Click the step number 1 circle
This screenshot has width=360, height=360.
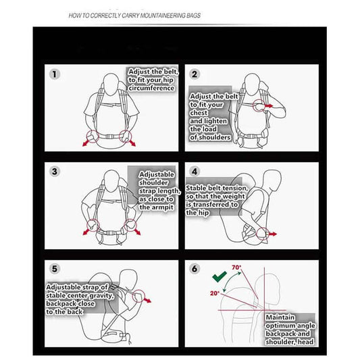[55, 74]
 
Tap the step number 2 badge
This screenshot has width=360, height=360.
[195, 74]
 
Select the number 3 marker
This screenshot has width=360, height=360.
[55, 172]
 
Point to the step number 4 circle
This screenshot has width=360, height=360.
[195, 172]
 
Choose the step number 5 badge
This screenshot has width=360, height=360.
[55, 269]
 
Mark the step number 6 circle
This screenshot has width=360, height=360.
[195, 269]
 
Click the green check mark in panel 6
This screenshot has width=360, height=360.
[220, 276]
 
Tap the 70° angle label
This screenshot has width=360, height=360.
[236, 267]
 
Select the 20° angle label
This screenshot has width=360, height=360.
[215, 293]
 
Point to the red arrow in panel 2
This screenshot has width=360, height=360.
[268, 106]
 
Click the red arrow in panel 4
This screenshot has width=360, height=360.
[272, 234]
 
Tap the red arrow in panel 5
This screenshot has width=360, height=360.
[147, 300]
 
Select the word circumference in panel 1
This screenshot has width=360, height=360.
[151, 88]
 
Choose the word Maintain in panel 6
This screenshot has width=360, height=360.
[280, 317]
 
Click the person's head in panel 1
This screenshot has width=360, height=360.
[111, 84]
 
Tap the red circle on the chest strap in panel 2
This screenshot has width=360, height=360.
[259, 105]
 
